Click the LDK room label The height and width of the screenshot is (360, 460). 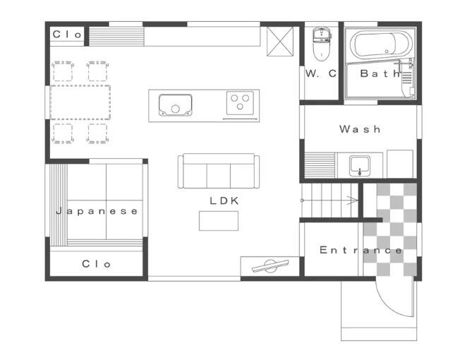pyautogui.click(x=224, y=201)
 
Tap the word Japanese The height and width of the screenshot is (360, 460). pyautogui.click(x=97, y=211)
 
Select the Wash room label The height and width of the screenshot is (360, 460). pyautogui.click(x=360, y=129)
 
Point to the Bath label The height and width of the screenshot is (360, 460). pyautogui.click(x=380, y=73)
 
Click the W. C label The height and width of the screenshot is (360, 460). pyautogui.click(x=321, y=73)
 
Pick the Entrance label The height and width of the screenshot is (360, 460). pyautogui.click(x=361, y=251)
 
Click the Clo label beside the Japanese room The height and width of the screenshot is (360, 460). pyautogui.click(x=96, y=264)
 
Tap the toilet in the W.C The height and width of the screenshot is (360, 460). pyautogui.click(x=322, y=44)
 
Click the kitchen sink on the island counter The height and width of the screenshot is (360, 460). pyautogui.click(x=175, y=104)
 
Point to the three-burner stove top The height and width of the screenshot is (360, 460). pyautogui.click(x=240, y=102)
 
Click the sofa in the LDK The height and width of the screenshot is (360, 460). pyautogui.click(x=219, y=171)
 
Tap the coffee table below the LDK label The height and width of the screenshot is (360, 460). pyautogui.click(x=219, y=221)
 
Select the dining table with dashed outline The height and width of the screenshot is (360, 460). pyautogui.click(x=80, y=102)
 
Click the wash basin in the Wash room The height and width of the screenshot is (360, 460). pyautogui.click(x=360, y=166)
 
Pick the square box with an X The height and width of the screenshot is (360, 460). pyautogui.click(x=280, y=41)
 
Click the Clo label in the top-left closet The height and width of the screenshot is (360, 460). pyautogui.click(x=67, y=35)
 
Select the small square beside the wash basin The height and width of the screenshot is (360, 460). pyautogui.click(x=400, y=164)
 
